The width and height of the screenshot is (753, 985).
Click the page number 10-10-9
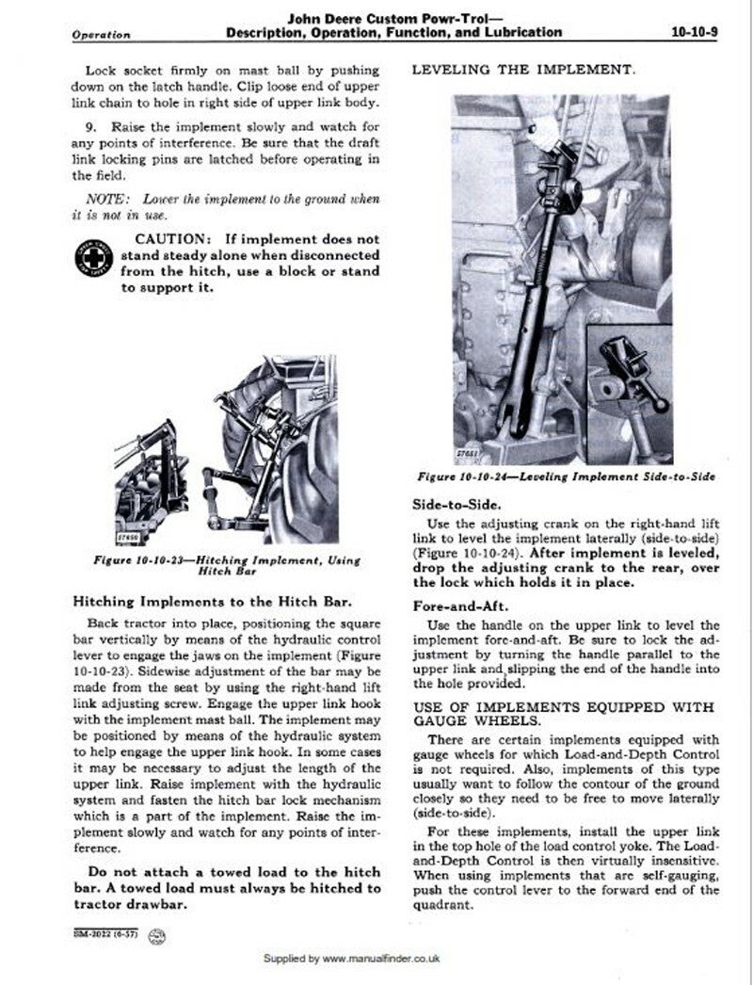point(697,32)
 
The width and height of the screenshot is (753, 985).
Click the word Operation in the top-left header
point(101,35)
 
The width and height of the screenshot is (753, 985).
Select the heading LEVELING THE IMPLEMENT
point(523,70)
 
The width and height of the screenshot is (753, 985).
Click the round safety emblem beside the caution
point(91,257)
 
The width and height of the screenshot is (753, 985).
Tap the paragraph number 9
point(89,125)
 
